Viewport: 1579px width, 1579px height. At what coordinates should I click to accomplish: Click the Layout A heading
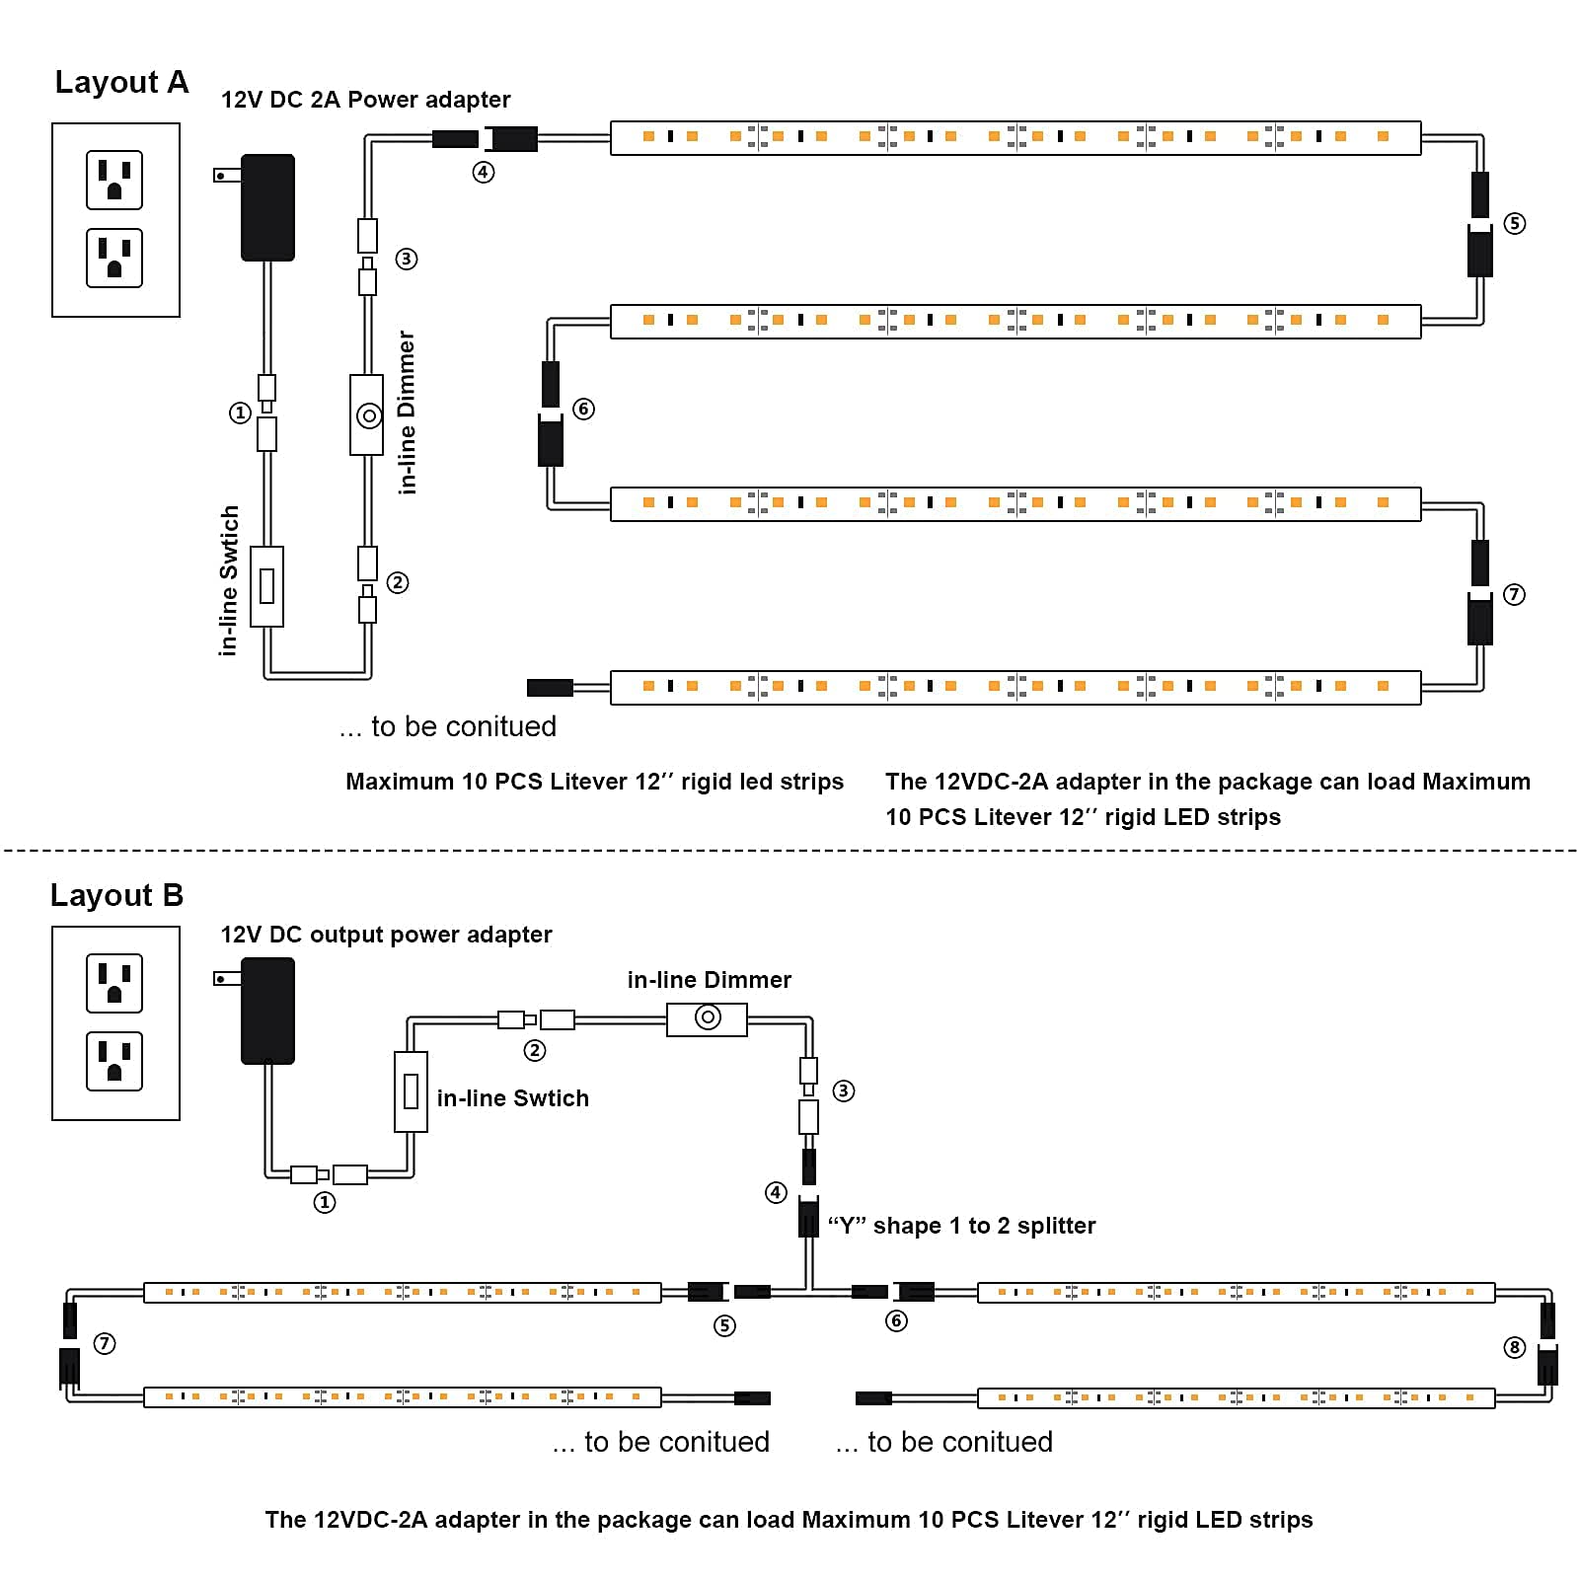(x=121, y=82)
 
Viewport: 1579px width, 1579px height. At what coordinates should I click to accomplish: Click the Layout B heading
(x=116, y=895)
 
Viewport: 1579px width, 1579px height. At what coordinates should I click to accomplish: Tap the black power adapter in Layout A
(x=267, y=207)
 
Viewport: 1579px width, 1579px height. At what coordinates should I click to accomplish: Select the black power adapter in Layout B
(x=267, y=1011)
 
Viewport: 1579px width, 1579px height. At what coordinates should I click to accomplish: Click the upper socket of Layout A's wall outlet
(x=114, y=180)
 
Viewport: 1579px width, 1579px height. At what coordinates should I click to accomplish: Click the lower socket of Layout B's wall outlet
(x=114, y=1061)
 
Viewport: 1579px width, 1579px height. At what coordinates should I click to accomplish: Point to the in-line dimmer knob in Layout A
(x=369, y=415)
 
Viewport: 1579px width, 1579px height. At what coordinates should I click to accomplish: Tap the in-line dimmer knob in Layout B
(x=708, y=1017)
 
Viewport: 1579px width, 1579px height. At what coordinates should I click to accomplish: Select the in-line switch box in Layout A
(x=266, y=586)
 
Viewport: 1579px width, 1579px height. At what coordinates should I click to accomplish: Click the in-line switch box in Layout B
(x=411, y=1091)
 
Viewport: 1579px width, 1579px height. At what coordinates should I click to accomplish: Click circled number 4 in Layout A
(x=483, y=172)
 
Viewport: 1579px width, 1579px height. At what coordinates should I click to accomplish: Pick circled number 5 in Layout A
(x=1514, y=223)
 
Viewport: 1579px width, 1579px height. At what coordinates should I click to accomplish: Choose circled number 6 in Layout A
(x=583, y=409)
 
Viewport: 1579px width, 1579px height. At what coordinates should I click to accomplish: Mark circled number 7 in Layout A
(x=1514, y=594)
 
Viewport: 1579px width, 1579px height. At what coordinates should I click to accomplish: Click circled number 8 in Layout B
(x=1515, y=1347)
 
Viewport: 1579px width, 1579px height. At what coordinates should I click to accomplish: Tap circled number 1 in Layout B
(x=325, y=1202)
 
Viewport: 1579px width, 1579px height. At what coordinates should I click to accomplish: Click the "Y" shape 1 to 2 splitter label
(x=961, y=1226)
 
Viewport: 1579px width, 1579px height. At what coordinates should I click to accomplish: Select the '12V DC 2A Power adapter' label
(x=365, y=100)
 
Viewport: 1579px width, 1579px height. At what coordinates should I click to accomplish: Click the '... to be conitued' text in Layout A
(x=447, y=726)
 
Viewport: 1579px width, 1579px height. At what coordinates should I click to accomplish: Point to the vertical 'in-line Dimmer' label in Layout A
(x=407, y=412)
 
